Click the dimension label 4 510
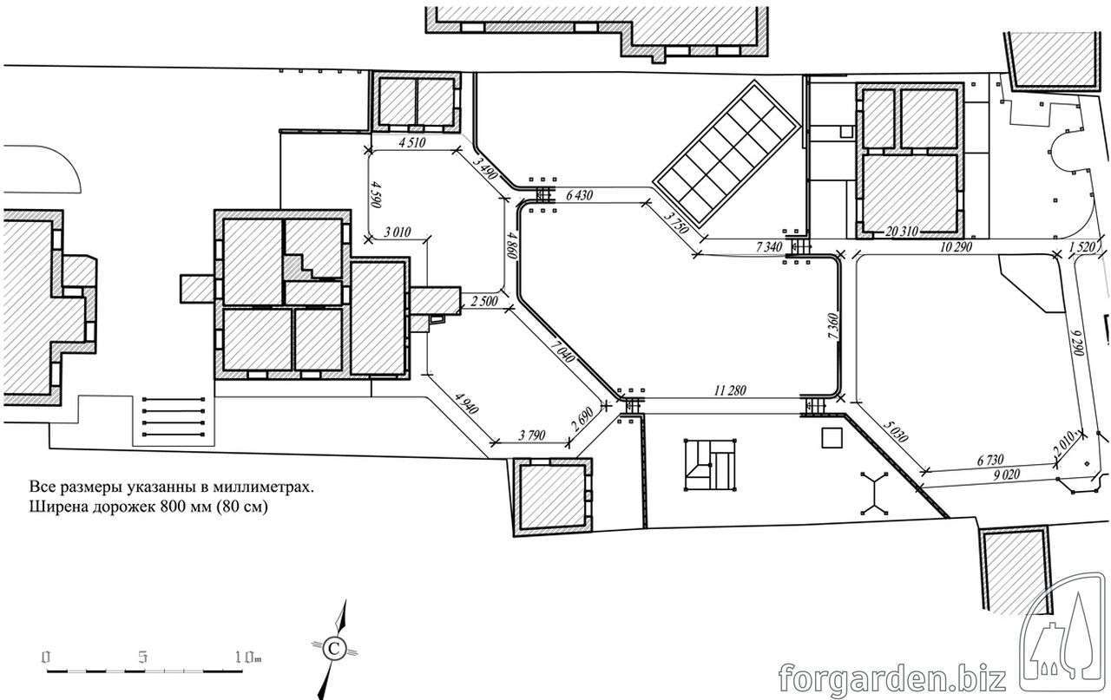412,143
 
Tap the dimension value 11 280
730,390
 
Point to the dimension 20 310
902,231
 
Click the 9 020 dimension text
1006,475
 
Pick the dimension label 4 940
466,403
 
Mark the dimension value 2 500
484,301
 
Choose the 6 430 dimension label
579,195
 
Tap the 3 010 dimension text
398,232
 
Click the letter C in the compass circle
334,649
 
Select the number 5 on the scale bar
143,657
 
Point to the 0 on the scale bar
46,657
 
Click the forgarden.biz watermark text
892,677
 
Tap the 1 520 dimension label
1081,247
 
